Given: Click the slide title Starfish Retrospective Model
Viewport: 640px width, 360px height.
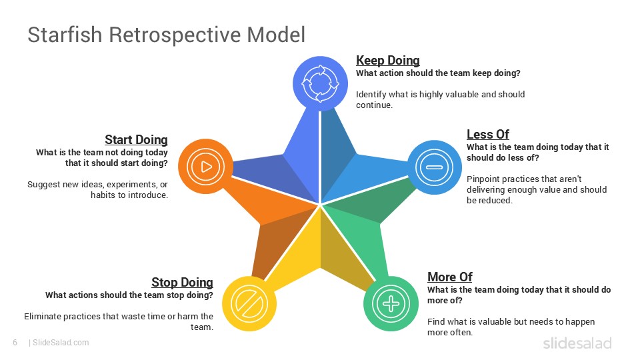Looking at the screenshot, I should point(166,35).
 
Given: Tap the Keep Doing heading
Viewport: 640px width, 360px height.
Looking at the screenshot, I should point(387,61).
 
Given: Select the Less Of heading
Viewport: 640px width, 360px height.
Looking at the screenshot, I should point(487,135).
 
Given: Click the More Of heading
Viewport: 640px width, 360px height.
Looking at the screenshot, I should point(449,277).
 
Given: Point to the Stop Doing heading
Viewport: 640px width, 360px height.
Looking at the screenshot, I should point(182,283).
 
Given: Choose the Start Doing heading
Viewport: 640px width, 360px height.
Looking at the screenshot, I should point(136,140).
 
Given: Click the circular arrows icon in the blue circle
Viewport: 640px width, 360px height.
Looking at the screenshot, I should point(321,83).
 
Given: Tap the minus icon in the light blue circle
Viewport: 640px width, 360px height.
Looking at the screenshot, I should point(434,167).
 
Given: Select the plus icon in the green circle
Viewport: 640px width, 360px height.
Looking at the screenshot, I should point(391,303).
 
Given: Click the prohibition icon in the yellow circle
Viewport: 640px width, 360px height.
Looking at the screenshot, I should point(249,304).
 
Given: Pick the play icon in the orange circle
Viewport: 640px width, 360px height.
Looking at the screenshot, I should point(206,166).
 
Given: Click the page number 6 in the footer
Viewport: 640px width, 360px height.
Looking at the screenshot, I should point(15,343).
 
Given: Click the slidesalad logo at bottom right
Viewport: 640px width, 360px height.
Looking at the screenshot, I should point(577,343).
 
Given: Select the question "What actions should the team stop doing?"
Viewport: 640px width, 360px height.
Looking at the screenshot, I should point(129,295).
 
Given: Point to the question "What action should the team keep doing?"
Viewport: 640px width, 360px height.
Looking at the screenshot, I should point(438,73).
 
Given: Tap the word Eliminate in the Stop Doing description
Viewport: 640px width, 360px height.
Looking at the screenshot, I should point(45,316).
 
